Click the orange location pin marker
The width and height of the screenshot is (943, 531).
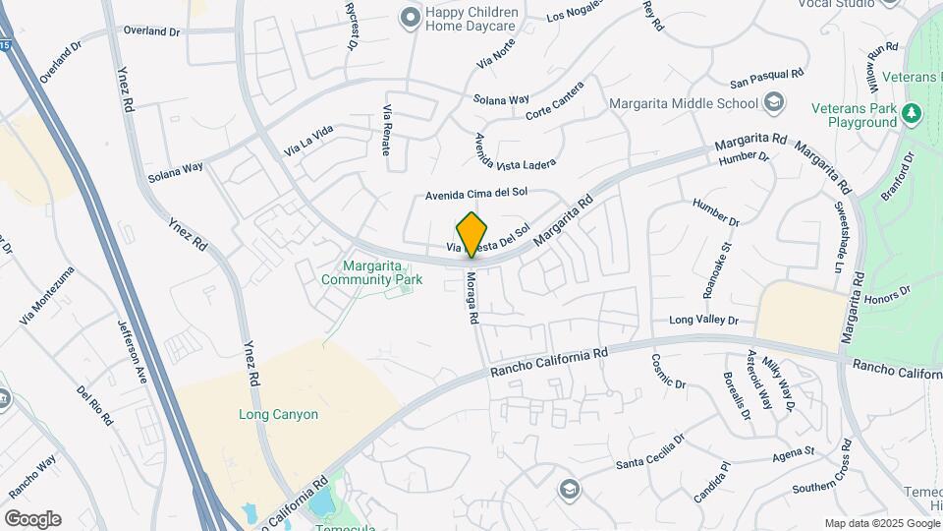[x=472, y=234]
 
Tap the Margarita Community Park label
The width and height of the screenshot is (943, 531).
[x=371, y=272]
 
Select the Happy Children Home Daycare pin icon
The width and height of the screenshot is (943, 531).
[x=408, y=17]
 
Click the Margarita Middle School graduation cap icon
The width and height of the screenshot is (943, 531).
[x=774, y=103]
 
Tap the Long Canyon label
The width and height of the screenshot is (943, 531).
[x=278, y=414]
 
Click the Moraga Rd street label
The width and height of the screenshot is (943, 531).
[x=472, y=298]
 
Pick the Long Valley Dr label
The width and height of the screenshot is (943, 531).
[x=703, y=320]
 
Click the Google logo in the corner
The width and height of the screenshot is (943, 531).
[x=32, y=519]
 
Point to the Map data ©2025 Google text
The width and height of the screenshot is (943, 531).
[x=882, y=523]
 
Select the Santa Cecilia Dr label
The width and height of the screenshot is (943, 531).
[x=650, y=453]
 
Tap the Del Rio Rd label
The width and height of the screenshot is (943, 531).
[x=95, y=405]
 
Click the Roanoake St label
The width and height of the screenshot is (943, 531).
[x=718, y=270]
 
